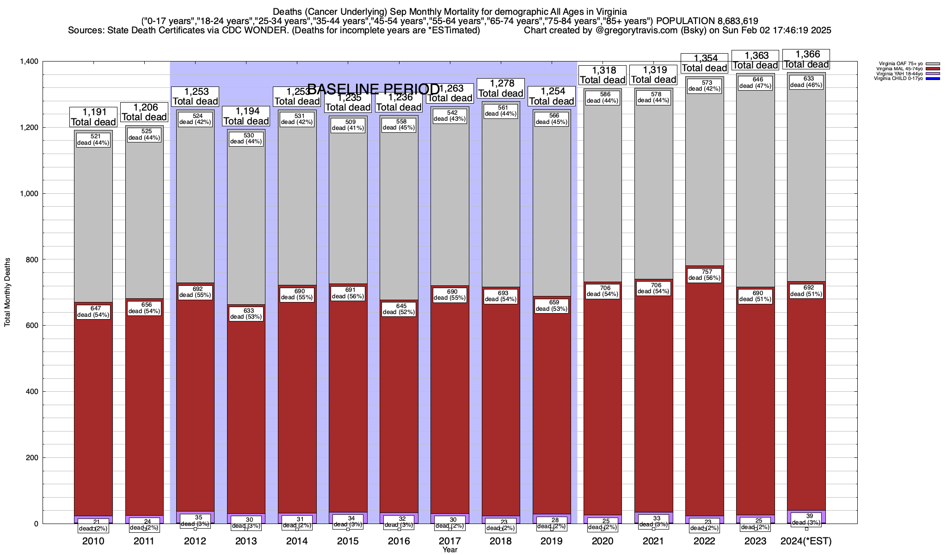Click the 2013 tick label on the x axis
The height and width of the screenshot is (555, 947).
coord(246,541)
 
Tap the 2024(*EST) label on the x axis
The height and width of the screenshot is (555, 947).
coord(806,541)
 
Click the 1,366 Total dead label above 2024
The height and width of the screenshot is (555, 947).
coord(806,60)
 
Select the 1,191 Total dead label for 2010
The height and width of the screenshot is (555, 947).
coord(93,117)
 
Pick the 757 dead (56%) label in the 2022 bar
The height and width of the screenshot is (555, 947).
coord(704,275)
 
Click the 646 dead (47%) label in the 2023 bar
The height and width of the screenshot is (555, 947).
coord(755,82)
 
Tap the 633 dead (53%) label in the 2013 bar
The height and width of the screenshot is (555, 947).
coord(246,314)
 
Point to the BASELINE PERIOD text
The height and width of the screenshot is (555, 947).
coord(373,89)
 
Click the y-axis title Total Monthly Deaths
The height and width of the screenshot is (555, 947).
coord(7,292)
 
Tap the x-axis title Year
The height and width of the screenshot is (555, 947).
coord(449,550)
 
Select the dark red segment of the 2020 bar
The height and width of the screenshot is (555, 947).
coord(603,407)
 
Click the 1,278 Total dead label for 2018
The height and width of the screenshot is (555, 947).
coord(501,88)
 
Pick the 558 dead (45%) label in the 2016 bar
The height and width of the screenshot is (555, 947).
coord(399,124)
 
